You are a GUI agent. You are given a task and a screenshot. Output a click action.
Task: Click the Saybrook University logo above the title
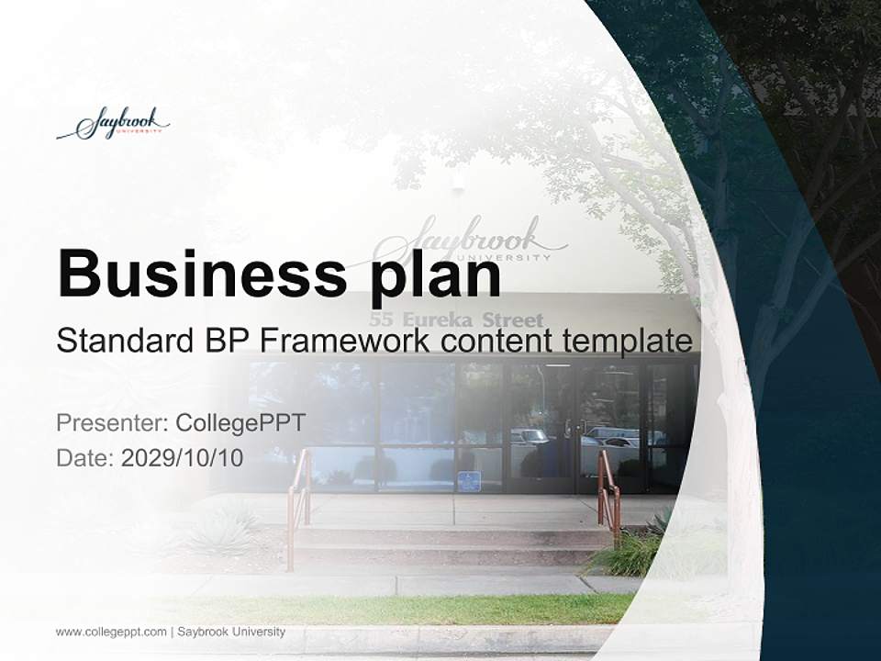(x=113, y=124)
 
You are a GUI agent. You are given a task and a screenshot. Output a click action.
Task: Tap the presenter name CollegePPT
(x=240, y=423)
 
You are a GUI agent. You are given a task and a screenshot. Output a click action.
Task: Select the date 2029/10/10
(x=182, y=458)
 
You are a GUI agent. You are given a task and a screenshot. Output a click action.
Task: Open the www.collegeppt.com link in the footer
(x=111, y=632)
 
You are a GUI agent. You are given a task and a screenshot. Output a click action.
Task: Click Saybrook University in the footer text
(x=231, y=632)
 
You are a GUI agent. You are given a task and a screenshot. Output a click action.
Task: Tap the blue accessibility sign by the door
(x=469, y=481)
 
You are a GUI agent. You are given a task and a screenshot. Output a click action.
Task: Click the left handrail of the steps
(x=297, y=500)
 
